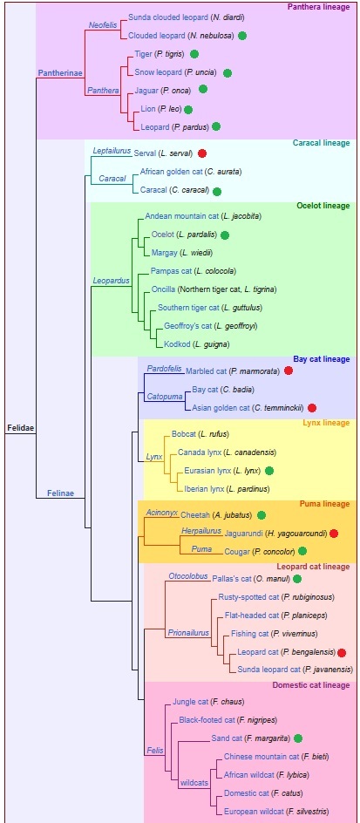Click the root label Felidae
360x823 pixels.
pyautogui.click(x=20, y=428)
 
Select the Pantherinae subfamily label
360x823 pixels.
pyautogui.click(x=60, y=72)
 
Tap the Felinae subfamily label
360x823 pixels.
pyautogui.click(x=60, y=493)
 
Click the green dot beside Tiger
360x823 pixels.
pyautogui.click(x=194, y=53)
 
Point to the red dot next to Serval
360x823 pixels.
pyautogui.click(x=202, y=153)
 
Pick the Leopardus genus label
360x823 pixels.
pyautogui.click(x=111, y=281)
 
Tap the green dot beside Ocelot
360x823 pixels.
pyautogui.click(x=225, y=235)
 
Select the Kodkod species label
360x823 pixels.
pyautogui.click(x=175, y=343)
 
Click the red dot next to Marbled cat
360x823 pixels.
pyautogui.click(x=289, y=371)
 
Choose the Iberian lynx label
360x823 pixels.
pyautogui.click(x=205, y=488)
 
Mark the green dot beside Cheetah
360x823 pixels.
pyautogui.click(x=261, y=515)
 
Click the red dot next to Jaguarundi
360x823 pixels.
pyautogui.click(x=334, y=534)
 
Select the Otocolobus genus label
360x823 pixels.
pyautogui.click(x=188, y=575)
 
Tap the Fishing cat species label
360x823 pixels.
pyautogui.click(x=250, y=634)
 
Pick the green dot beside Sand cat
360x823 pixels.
pyautogui.click(x=298, y=738)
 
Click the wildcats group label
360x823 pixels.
pyautogui.click(x=194, y=783)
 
